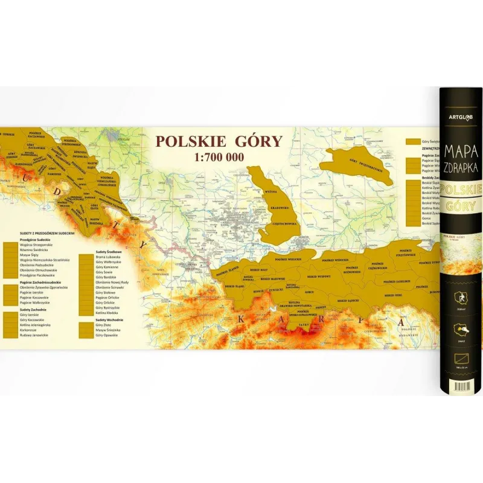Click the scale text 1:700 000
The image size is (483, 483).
(219, 157)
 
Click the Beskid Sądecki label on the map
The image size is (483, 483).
(349, 300)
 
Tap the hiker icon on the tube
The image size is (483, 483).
(459, 298)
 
